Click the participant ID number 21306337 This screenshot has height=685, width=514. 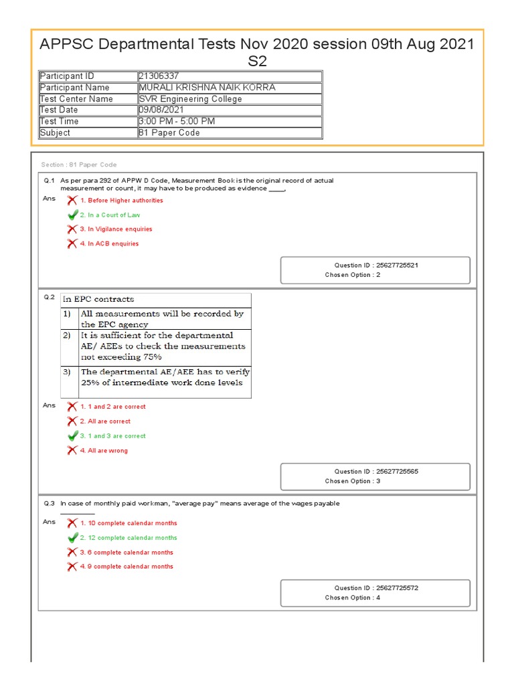click(159, 76)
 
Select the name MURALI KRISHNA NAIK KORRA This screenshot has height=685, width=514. click(206, 88)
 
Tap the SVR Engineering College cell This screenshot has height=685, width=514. click(190, 99)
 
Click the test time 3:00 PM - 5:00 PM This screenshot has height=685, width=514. click(177, 121)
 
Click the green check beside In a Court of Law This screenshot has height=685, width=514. click(72, 215)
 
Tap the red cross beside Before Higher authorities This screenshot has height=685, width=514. click(72, 200)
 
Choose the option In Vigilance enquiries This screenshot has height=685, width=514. click(116, 229)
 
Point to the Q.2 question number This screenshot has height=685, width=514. click(49, 297)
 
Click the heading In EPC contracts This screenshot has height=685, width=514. click(98, 299)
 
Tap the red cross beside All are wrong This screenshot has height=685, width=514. click(72, 450)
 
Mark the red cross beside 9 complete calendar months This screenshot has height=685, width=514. click(72, 567)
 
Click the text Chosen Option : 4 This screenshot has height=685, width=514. click(353, 597)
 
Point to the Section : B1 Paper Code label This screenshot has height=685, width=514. click(78, 165)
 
